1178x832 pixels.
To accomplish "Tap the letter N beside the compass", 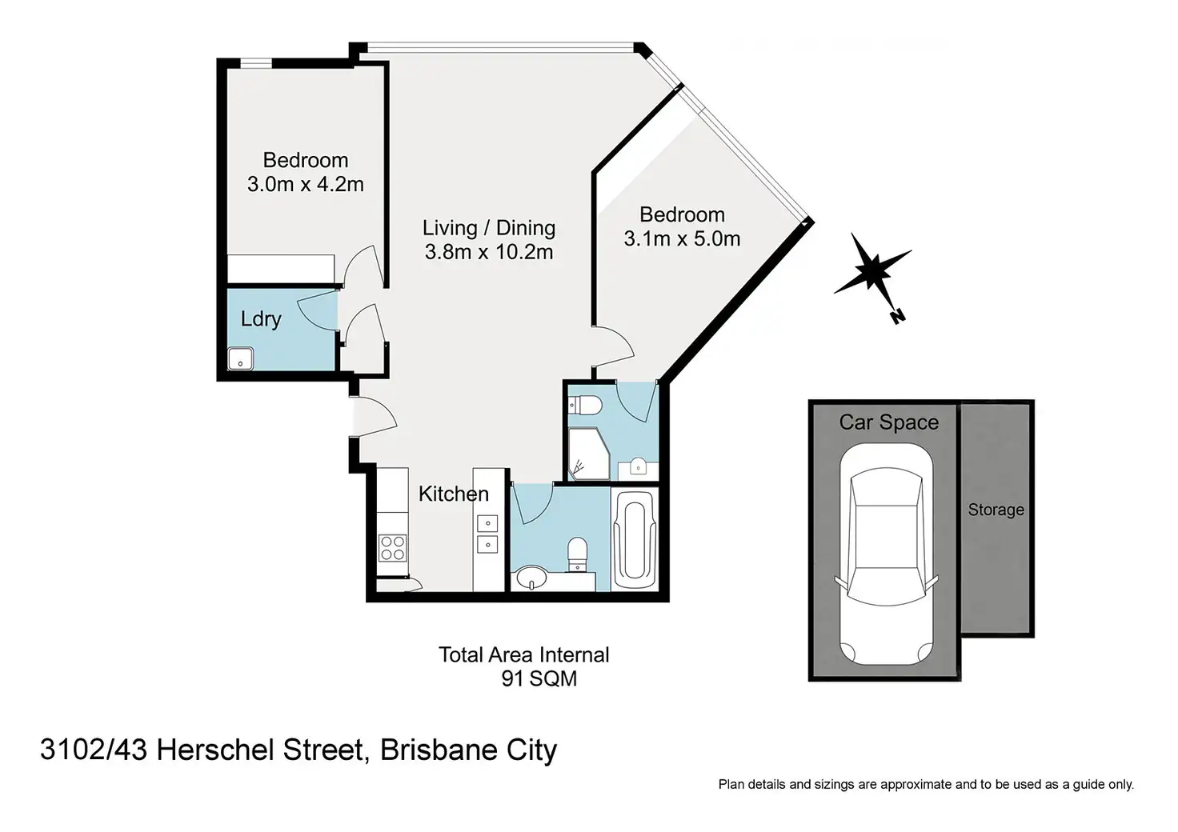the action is pos(898,316).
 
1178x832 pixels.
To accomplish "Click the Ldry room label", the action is pos(261,319).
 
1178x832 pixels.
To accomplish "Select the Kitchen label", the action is pos(453,494).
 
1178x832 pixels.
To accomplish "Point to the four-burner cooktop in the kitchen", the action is pos(392,548).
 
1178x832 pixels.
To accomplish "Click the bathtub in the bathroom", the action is pos(635,540).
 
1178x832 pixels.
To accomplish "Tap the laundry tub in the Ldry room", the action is pos(240,359).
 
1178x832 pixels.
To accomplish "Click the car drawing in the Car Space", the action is pos(886,554).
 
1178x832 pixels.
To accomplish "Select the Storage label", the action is pos(996,510).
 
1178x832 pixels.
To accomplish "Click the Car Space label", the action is pos(889,422).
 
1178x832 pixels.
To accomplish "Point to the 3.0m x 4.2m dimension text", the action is pos(306,185).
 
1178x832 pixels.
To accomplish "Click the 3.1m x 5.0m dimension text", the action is pos(682,238).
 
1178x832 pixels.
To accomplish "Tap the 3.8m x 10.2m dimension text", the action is pos(489,252).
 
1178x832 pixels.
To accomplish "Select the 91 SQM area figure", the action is pos(539,678).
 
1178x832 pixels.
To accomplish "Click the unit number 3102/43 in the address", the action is pos(94,750).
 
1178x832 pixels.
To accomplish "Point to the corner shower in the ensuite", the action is pos(589,454).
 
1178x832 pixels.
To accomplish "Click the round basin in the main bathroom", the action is pos(531,578).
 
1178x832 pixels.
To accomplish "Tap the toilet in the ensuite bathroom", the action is pos(585,406).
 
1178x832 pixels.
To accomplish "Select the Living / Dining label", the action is pos(489,228).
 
